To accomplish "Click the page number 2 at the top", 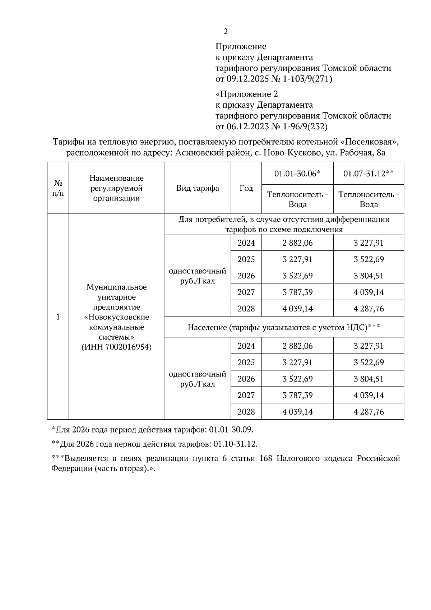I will (x=226, y=32).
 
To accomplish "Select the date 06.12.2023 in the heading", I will (x=247, y=126).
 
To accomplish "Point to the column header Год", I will (x=246, y=188).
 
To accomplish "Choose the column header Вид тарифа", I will (x=198, y=188).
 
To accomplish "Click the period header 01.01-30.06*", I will (x=297, y=174).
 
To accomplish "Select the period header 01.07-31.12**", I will (x=369, y=174).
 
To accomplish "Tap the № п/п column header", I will (x=58, y=188).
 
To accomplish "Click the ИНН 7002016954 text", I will (x=116, y=347).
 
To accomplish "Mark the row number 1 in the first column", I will (x=58, y=317).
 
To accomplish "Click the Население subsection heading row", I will (x=284, y=327).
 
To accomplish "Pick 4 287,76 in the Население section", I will (x=369, y=412).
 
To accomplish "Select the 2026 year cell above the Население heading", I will (x=246, y=276).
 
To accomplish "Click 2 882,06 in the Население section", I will (x=297, y=346).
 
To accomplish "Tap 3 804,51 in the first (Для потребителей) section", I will (x=369, y=276).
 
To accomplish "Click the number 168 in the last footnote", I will (x=265, y=459).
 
